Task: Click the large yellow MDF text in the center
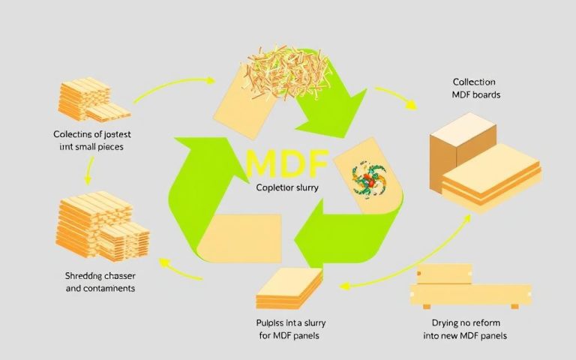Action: coord(287,164)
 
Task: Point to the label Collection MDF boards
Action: coord(476,88)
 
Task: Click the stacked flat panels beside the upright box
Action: coord(491,184)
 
